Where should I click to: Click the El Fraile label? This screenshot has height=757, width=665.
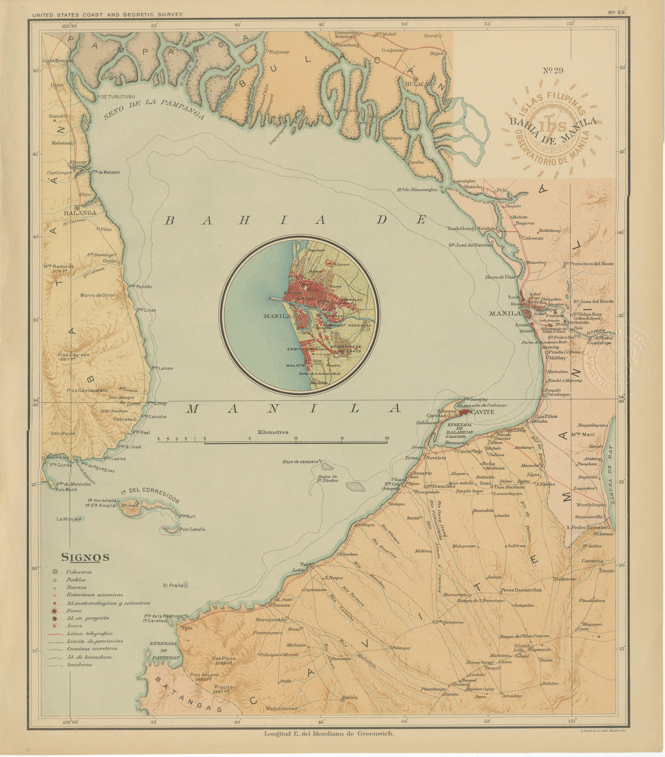coord(173,586)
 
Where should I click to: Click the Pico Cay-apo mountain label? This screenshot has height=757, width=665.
coord(73,354)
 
